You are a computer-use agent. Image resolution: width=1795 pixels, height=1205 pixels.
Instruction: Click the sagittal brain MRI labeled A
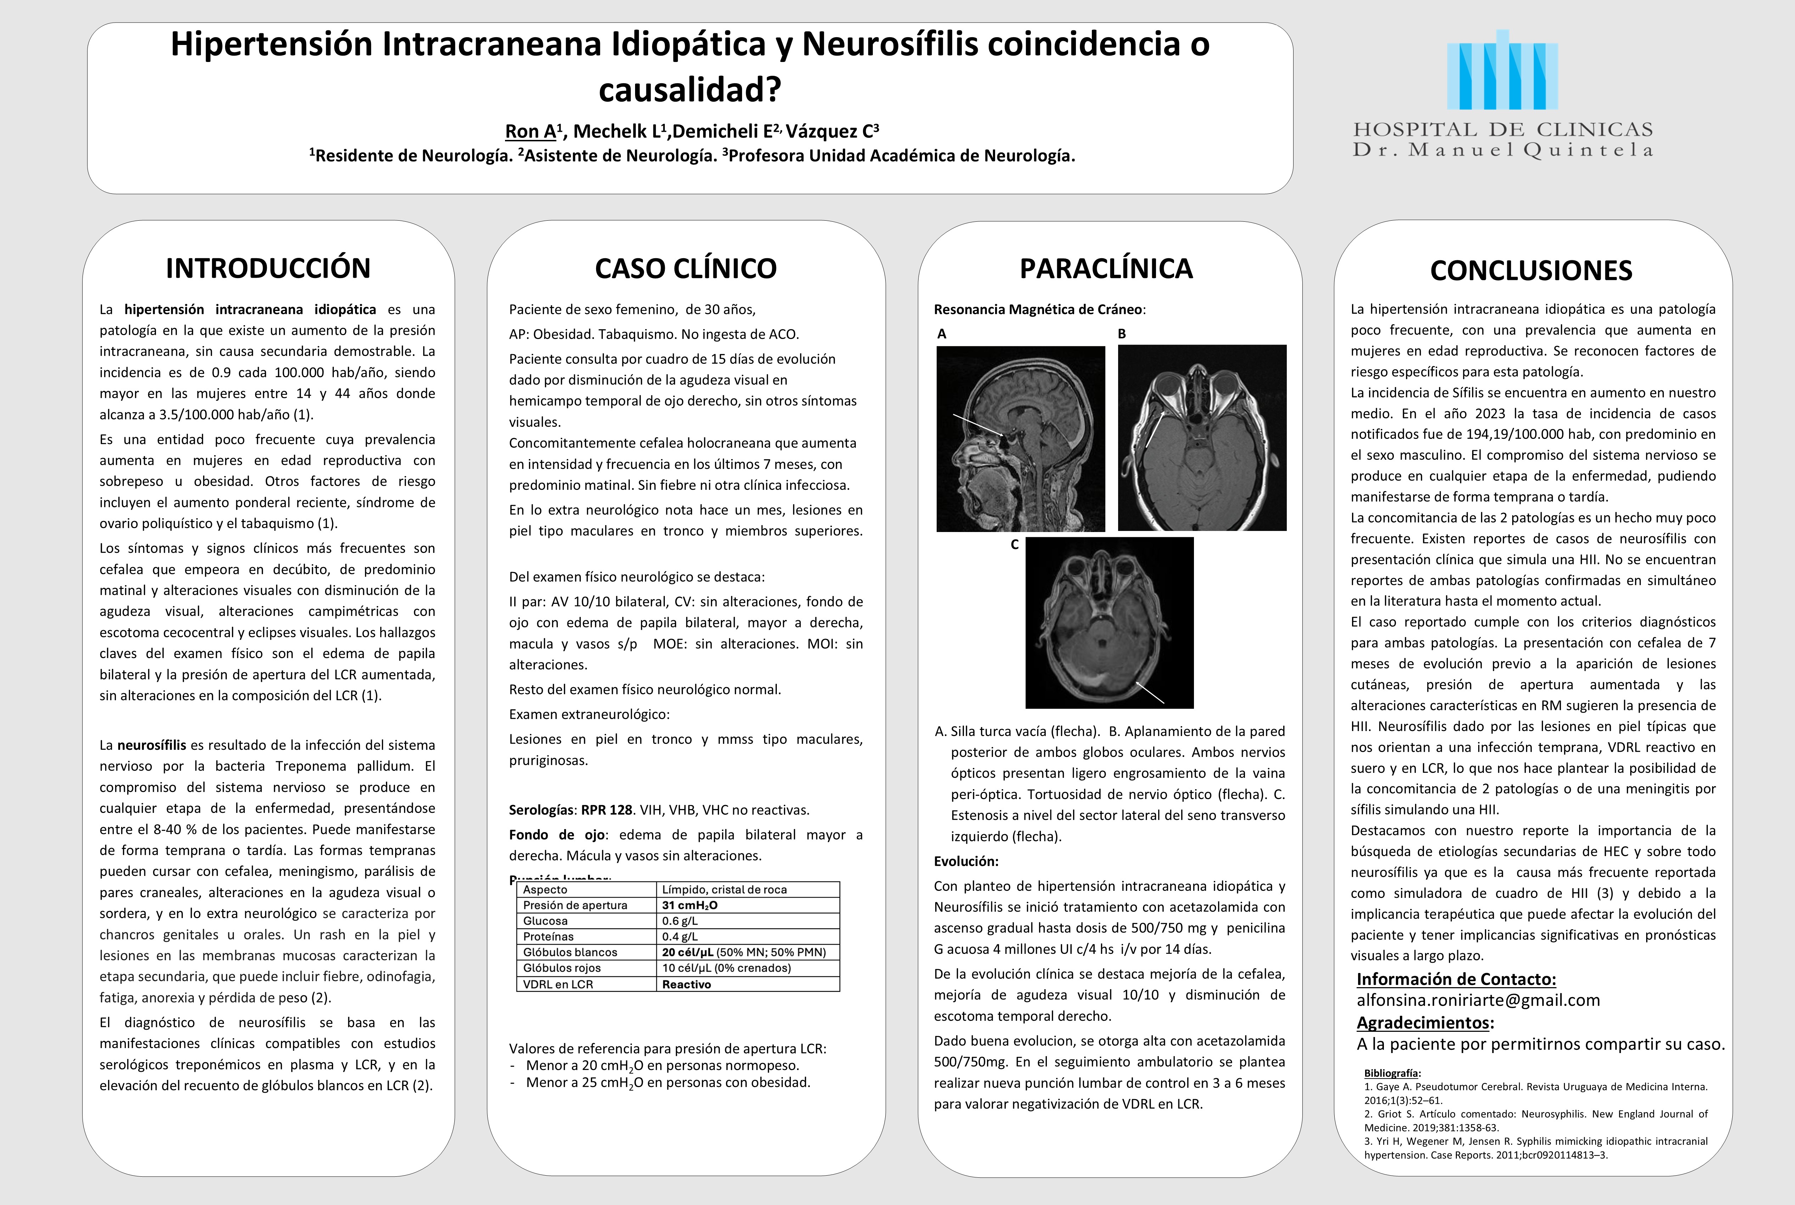pyautogui.click(x=1020, y=438)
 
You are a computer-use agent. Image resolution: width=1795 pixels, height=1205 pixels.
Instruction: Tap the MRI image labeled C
pyautogui.click(x=1109, y=622)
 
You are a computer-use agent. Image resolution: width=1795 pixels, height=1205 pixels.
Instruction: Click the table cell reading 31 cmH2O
pyautogui.click(x=690, y=905)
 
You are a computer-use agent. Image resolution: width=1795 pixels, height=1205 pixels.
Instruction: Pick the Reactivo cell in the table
pyautogui.click(x=686, y=984)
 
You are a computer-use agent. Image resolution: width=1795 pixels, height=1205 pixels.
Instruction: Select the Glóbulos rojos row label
pyautogui.click(x=562, y=968)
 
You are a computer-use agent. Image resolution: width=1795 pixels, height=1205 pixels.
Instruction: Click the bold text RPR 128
pyautogui.click(x=606, y=810)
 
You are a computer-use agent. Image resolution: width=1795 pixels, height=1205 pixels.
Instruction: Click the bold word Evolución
pyautogui.click(x=965, y=861)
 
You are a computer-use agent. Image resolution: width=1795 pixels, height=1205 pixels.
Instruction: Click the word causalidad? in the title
pyautogui.click(x=690, y=90)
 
